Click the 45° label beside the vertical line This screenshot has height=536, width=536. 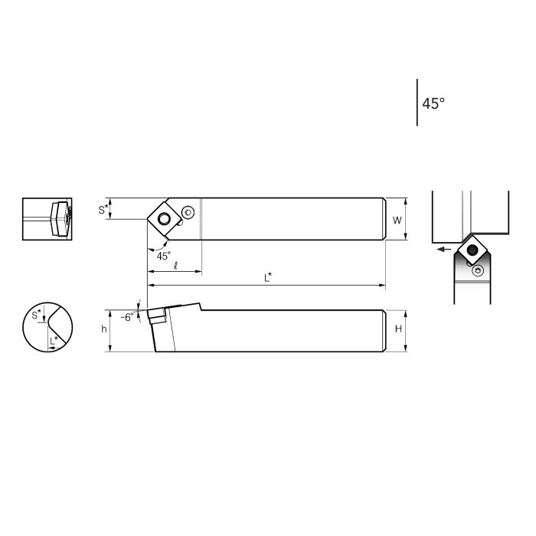click(433, 103)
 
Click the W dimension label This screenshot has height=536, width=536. click(397, 221)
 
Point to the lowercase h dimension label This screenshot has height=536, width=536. click(103, 329)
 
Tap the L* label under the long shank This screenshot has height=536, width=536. click(268, 279)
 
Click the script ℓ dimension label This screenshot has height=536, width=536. click(175, 265)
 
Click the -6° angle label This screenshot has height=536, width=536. click(127, 315)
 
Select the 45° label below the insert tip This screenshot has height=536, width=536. click(164, 256)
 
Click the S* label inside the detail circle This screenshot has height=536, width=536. click(37, 314)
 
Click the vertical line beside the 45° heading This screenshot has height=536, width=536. click(417, 102)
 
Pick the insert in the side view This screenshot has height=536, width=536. click(159, 315)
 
